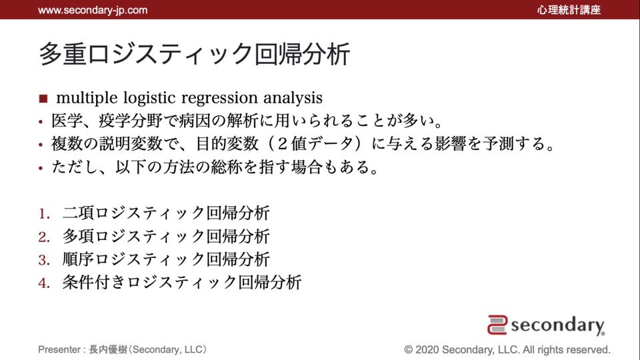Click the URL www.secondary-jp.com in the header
pos(93,10)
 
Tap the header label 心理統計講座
pos(569,10)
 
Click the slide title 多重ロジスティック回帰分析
pos(195,54)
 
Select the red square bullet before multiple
pos(43,99)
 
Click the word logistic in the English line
pos(149,98)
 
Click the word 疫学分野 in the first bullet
pos(130,121)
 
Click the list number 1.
pos(44,213)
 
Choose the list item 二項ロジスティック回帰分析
pos(166,213)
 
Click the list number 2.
pos(44,237)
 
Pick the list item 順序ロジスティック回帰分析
pos(166,259)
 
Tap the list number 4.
pos(44,283)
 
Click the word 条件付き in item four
pos(94,283)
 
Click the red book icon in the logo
pos(497,325)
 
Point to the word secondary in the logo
pos(557,326)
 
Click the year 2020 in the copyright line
pos(427,350)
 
